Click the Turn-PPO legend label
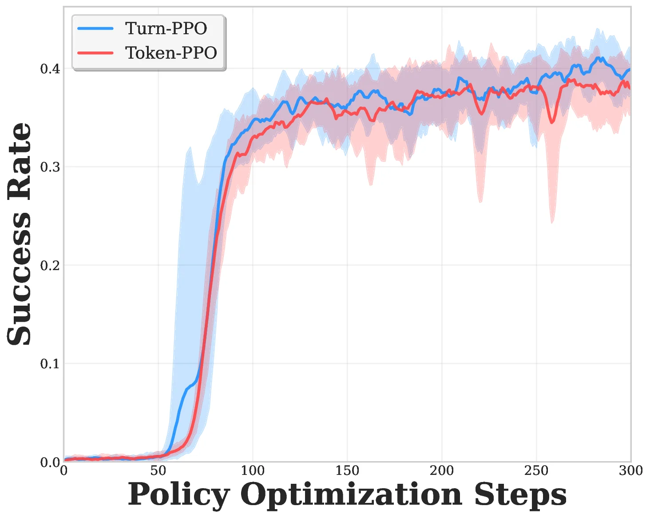click(166, 28)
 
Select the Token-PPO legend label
click(171, 53)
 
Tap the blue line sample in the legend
click(95, 28)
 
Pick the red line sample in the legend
click(95, 53)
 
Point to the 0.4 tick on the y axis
click(50, 69)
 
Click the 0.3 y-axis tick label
click(50, 167)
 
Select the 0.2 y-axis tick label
click(50, 265)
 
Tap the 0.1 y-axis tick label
click(50, 364)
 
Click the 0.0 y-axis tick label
click(50, 462)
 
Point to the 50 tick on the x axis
click(158, 470)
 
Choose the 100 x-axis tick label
click(253, 470)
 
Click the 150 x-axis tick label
click(347, 470)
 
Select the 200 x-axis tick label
click(442, 470)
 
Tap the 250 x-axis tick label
click(536, 470)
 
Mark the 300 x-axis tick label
click(630, 470)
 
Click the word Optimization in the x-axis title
click(351, 495)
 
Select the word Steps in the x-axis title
click(520, 495)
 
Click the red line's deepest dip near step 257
click(552, 122)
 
